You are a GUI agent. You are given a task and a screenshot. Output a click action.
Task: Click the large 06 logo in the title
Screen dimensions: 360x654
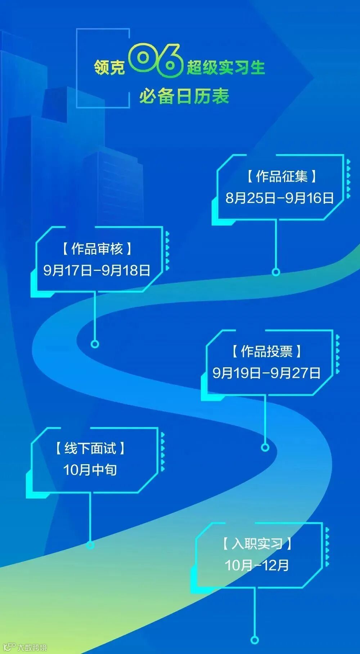156,61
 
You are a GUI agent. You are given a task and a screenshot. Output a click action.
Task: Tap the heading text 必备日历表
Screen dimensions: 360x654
184,97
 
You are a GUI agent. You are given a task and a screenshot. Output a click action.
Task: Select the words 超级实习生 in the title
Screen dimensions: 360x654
226,67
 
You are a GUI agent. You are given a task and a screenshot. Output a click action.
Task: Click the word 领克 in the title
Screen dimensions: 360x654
109,67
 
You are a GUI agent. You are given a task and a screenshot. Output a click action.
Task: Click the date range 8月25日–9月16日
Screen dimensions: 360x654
280,198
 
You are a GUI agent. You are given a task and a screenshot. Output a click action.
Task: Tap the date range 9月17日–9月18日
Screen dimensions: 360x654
96,270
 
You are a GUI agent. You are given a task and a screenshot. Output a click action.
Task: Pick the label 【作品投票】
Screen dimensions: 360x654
266,351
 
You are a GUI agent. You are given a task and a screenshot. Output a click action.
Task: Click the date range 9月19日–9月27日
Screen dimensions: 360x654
266,373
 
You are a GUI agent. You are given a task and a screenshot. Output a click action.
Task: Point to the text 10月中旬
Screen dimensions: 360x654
90,470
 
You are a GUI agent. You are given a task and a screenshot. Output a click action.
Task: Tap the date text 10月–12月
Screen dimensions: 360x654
257,565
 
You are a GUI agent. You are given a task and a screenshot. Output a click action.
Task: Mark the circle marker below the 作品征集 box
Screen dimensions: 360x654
276,272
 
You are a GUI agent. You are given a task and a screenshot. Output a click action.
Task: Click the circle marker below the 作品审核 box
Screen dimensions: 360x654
95,344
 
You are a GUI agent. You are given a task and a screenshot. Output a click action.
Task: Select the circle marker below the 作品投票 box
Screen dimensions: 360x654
265,447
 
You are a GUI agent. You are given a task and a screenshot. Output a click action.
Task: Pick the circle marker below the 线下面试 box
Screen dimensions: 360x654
90,545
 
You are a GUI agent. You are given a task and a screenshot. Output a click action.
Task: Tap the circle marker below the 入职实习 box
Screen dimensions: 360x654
255,640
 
